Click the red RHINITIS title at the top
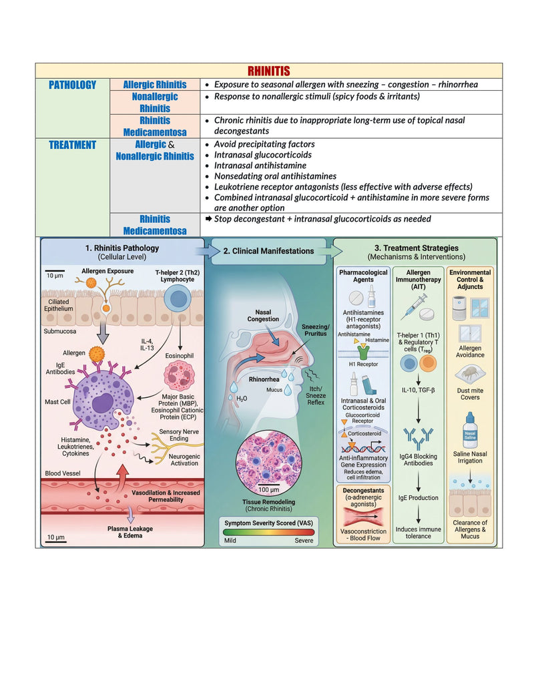[269, 71]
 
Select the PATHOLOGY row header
[72, 85]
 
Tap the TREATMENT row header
[72, 145]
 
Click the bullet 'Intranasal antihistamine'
[260, 166]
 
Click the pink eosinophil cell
[180, 376]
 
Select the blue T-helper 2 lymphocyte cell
[178, 298]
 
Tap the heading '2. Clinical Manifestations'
[268, 251]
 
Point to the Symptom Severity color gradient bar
[268, 532]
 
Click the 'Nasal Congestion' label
[263, 316]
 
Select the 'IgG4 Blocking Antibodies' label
[418, 459]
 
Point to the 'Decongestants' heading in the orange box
[363, 491]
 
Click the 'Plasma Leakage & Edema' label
[130, 532]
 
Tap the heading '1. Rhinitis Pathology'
[122, 248]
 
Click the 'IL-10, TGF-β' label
[418, 390]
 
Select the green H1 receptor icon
[364, 352]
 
